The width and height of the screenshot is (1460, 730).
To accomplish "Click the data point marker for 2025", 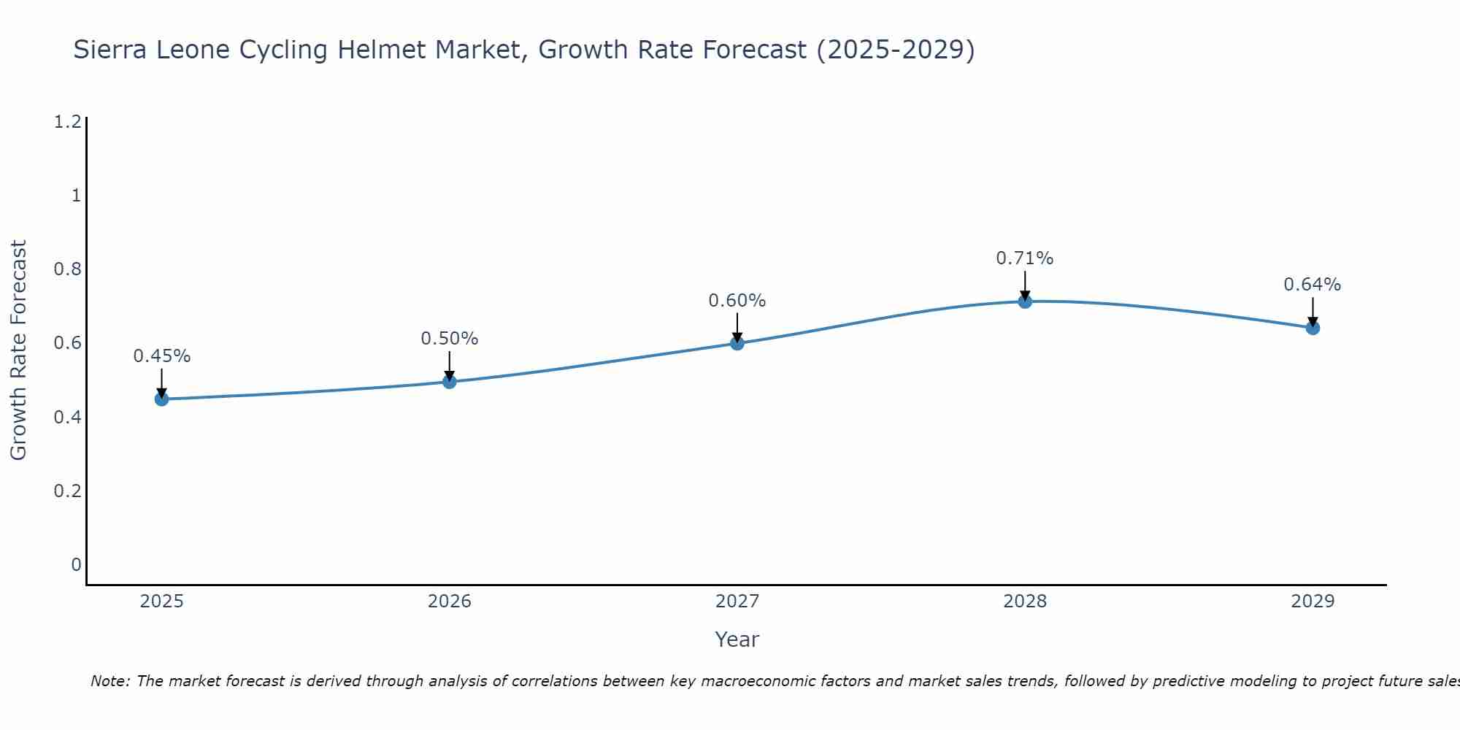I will [x=162, y=399].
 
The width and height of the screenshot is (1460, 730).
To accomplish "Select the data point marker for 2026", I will [x=450, y=381].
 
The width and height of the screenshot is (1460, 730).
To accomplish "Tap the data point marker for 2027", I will [x=737, y=343].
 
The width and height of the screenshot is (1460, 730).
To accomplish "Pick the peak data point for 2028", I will [x=1025, y=301].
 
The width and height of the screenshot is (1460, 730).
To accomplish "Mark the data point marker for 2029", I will [x=1313, y=328].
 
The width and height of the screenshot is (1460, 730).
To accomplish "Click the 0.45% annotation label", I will [x=162, y=356].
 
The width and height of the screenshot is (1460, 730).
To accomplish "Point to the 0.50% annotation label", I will [x=450, y=339].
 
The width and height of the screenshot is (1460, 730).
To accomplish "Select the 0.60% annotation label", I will [x=737, y=301].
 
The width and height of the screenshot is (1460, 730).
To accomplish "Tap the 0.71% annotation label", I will [x=1025, y=258].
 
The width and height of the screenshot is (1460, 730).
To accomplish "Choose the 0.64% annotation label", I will [x=1313, y=285].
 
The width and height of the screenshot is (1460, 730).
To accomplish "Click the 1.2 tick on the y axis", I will [x=67, y=122].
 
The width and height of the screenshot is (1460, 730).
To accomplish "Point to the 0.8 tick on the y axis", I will [x=67, y=269].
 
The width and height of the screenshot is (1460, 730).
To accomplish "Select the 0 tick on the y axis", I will [x=76, y=564].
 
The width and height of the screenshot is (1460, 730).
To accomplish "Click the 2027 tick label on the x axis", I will [x=737, y=602].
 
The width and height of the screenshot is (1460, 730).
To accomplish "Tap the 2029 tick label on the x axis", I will [x=1313, y=602].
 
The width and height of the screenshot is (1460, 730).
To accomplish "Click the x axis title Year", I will [x=737, y=639].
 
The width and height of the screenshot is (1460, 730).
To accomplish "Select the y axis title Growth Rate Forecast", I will [x=19, y=350].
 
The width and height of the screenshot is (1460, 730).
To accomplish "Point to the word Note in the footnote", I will [x=109, y=681].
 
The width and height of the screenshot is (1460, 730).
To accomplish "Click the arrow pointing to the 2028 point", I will [x=1025, y=286].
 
